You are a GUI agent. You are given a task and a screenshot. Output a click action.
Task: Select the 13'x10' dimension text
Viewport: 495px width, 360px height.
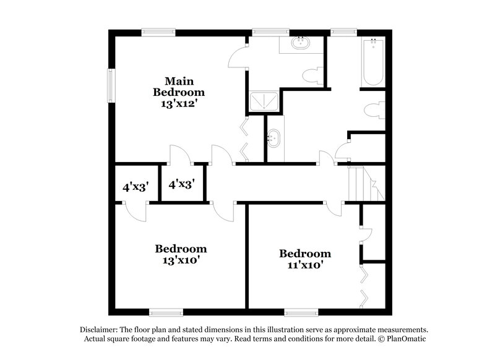(x=180, y=260)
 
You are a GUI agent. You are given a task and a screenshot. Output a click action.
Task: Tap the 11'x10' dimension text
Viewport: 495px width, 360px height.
(x=304, y=265)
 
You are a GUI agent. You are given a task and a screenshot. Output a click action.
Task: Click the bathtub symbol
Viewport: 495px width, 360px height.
(x=374, y=62)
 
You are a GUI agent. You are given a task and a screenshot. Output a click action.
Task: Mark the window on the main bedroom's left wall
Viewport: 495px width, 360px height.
(x=110, y=82)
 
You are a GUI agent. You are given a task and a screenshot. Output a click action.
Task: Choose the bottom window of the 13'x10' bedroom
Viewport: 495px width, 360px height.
(x=166, y=311)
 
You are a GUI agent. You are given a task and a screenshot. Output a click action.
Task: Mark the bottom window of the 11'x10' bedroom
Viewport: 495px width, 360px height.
(x=302, y=311)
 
